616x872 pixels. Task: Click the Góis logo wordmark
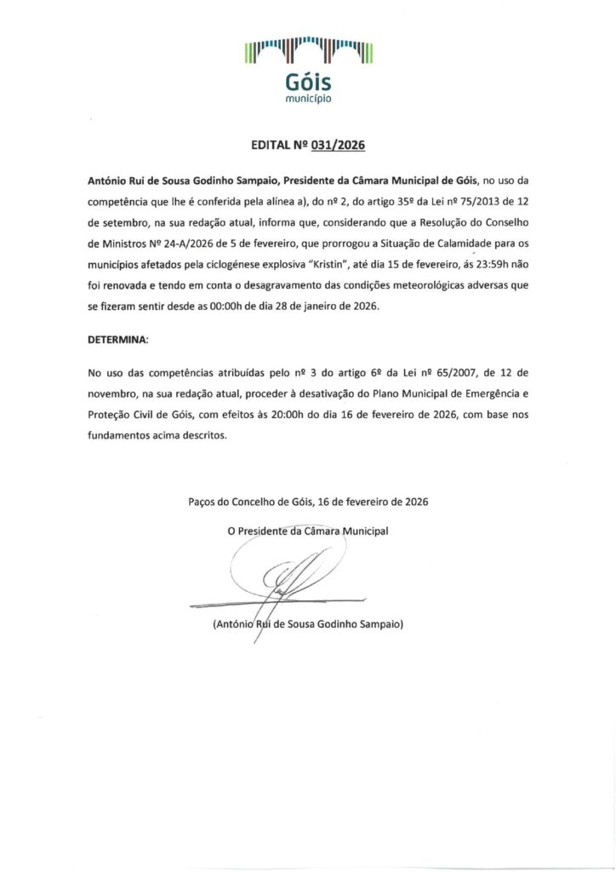(308, 83)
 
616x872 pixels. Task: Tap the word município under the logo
(308, 100)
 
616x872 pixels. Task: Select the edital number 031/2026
(338, 146)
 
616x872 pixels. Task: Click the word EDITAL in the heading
(272, 146)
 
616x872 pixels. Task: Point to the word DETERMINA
(118, 339)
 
